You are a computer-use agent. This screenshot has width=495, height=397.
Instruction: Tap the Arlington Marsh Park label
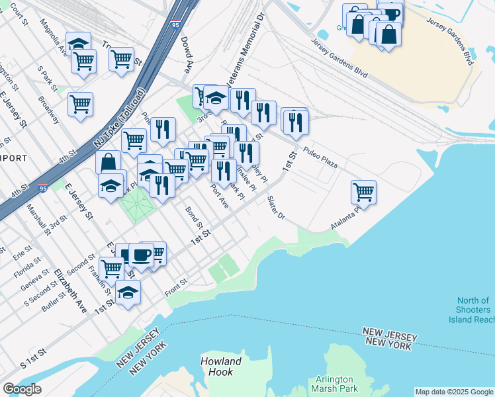tap(337, 384)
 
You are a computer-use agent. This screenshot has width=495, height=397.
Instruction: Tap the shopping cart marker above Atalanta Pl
tap(363, 192)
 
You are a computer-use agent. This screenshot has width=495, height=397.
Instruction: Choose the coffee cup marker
tap(141, 254)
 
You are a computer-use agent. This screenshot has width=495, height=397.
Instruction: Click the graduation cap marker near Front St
tap(128, 292)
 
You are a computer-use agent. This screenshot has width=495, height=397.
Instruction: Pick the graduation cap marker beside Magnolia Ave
tap(78, 43)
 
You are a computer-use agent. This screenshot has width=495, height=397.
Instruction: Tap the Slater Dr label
tap(276, 208)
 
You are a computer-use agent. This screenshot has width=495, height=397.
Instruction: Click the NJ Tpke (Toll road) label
tap(121, 117)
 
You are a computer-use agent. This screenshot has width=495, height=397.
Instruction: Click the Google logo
tap(22, 389)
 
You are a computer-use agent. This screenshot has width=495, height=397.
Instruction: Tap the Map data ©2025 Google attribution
tap(454, 392)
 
